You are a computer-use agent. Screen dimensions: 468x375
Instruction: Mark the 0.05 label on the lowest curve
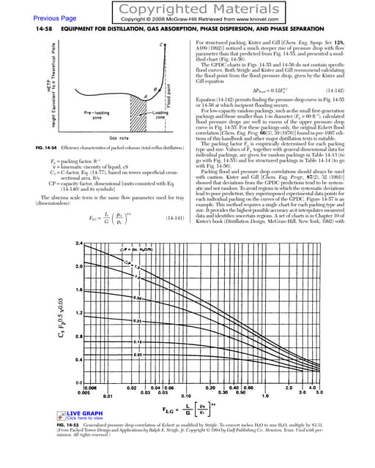click(x=117, y=354)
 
